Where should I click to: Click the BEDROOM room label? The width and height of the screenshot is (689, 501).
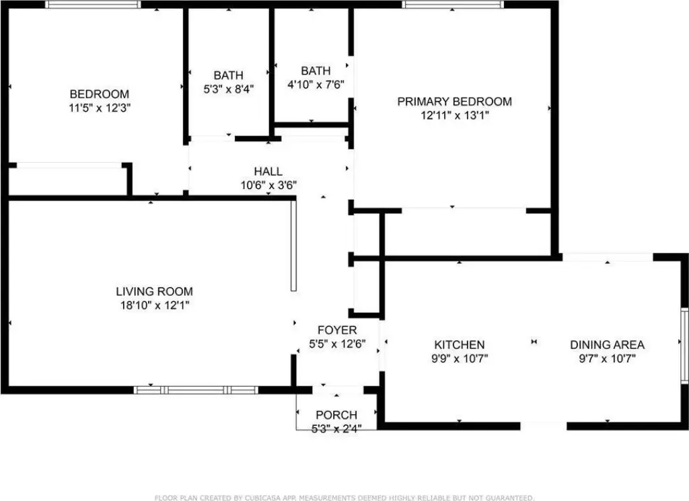coord(100,94)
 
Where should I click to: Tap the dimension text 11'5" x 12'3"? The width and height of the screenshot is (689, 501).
coord(100,108)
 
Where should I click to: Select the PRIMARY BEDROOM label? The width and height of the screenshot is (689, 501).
coord(454,102)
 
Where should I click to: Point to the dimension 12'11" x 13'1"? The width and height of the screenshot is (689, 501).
coord(454,116)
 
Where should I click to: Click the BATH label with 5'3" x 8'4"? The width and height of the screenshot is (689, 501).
coord(229,75)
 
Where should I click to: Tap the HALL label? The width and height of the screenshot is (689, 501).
coord(268,171)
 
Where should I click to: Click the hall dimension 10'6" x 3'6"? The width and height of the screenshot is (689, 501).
coord(268,186)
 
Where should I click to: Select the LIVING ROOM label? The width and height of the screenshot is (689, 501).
coord(154,291)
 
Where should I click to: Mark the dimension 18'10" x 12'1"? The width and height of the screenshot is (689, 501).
coord(155,305)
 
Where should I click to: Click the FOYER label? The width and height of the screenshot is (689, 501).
coord(337,330)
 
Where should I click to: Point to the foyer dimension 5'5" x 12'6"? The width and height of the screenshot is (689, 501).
coord(337,344)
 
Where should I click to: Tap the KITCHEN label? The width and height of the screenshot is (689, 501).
coord(459,345)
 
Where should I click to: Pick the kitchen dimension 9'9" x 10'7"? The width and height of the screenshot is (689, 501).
coord(460,358)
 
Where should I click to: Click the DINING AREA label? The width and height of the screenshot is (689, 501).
coord(607,345)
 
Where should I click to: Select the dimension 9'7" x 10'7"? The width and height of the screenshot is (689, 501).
coord(608,358)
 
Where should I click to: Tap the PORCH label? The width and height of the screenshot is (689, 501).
coord(336,414)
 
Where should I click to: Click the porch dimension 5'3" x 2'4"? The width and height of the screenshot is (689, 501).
coord(336,428)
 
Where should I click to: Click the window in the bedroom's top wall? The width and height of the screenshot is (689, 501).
coord(93,5)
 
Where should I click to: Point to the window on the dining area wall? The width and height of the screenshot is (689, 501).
coord(684,345)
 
